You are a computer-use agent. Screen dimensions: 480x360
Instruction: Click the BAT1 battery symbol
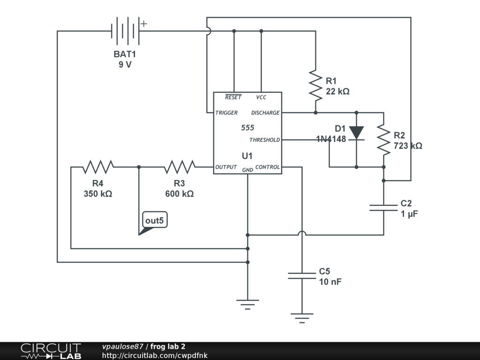tap(126, 31)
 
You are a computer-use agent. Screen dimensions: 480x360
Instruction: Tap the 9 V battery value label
tap(125, 65)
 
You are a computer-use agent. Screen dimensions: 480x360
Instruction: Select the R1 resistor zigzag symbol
tap(315, 85)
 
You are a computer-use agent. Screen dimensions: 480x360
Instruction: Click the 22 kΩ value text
tap(337, 91)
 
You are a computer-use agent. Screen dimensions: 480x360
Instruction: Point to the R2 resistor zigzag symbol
tap(383, 140)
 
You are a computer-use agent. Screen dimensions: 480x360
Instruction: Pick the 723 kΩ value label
tap(408, 146)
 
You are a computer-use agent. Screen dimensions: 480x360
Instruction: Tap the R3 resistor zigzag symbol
tap(180, 167)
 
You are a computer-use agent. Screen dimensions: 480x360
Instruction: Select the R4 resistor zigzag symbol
tap(98, 167)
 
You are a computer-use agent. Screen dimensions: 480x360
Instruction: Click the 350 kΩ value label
tap(98, 194)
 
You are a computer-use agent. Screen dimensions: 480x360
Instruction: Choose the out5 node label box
tap(155, 220)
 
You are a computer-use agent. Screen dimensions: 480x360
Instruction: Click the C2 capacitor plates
tap(383, 208)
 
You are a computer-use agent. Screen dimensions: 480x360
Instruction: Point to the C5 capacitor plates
tap(302, 276)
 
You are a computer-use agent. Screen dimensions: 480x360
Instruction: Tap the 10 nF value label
tap(330, 282)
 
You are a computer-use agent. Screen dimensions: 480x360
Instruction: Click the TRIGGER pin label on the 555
tap(226, 112)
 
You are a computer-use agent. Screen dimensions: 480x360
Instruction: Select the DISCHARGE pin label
tap(265, 112)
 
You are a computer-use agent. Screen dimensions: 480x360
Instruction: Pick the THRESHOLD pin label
tap(264, 140)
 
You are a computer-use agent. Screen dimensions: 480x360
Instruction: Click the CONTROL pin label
tap(268, 167)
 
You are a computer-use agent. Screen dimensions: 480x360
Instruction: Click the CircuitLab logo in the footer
tap(51, 351)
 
